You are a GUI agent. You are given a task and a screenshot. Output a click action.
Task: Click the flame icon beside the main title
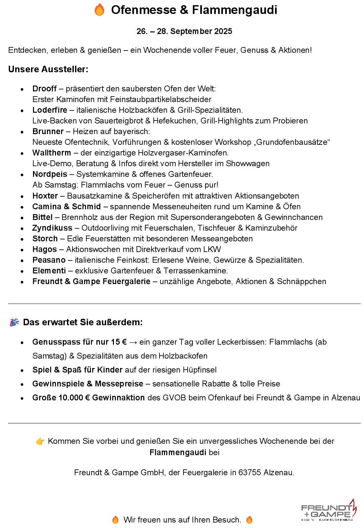point(99,10)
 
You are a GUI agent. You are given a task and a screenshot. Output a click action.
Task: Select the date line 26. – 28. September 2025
point(184,31)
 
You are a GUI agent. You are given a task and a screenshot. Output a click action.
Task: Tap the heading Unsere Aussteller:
point(48,69)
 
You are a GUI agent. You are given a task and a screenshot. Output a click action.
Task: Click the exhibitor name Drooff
point(45,89)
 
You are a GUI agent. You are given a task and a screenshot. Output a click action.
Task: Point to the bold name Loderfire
point(50,110)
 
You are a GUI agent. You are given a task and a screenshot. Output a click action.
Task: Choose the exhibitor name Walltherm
point(52,153)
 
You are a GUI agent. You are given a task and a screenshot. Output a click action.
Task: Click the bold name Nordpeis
point(50,174)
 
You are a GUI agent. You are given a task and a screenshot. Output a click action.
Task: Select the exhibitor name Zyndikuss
point(52,228)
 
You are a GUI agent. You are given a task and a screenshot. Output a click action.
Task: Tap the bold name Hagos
point(45,249)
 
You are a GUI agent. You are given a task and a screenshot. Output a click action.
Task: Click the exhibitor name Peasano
point(49,260)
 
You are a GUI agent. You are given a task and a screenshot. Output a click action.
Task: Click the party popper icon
point(14,322)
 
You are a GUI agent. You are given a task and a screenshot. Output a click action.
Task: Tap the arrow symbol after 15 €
point(133,342)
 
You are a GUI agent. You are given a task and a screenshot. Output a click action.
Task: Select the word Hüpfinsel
point(200,370)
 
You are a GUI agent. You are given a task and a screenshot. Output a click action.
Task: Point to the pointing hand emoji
point(40,441)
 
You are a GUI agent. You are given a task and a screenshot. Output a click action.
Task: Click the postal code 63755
point(249,473)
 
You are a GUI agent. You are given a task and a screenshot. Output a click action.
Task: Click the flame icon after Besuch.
point(249,520)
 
